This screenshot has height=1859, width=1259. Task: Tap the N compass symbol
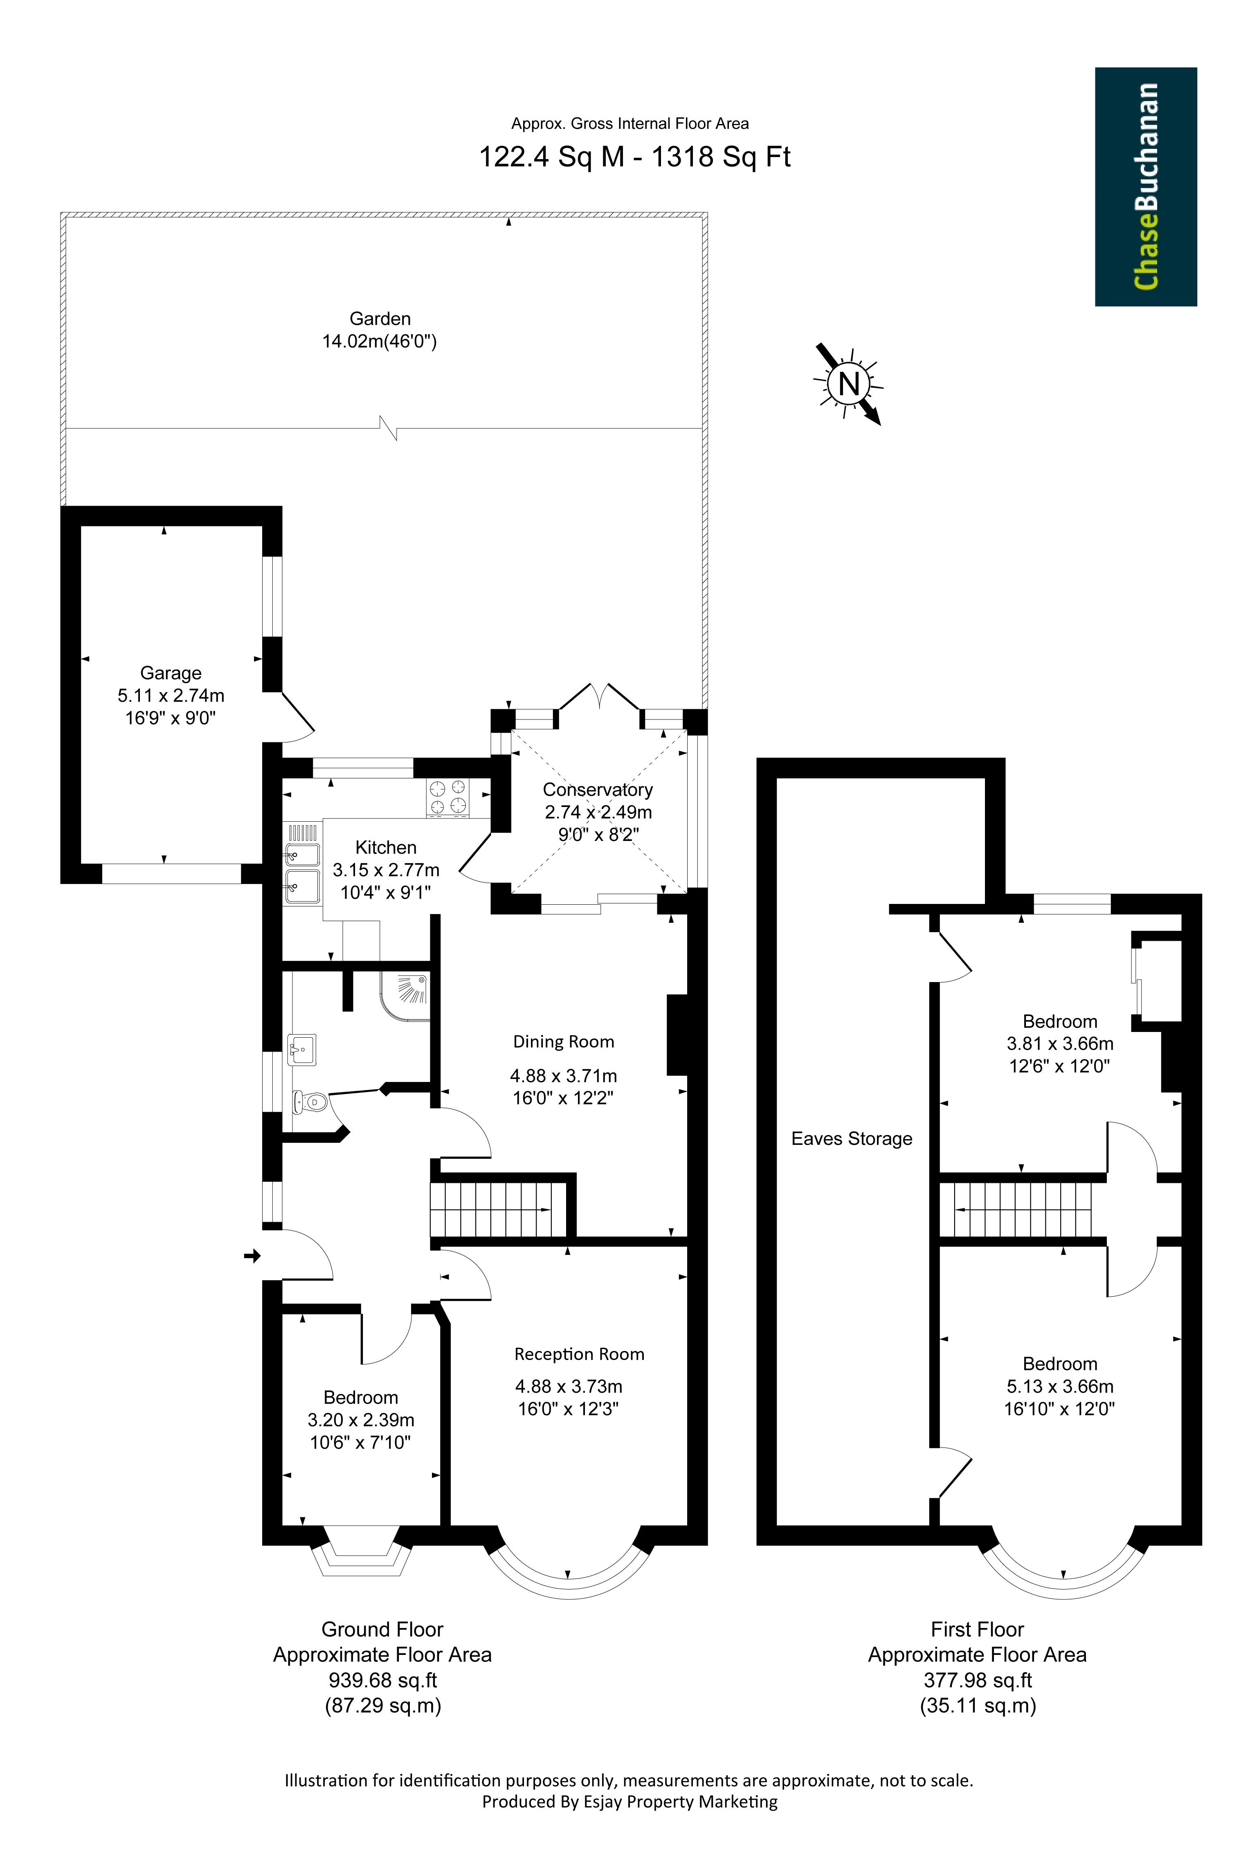pos(848,384)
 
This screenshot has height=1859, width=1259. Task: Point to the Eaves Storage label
pos(852,1139)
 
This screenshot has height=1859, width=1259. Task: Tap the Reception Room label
pos(579,1354)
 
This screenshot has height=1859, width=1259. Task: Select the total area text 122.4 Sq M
pos(551,156)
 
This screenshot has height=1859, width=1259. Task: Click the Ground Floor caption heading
pos(382,1630)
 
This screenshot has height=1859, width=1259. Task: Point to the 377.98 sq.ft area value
pos(978,1681)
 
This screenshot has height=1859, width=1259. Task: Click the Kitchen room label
pos(386,847)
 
